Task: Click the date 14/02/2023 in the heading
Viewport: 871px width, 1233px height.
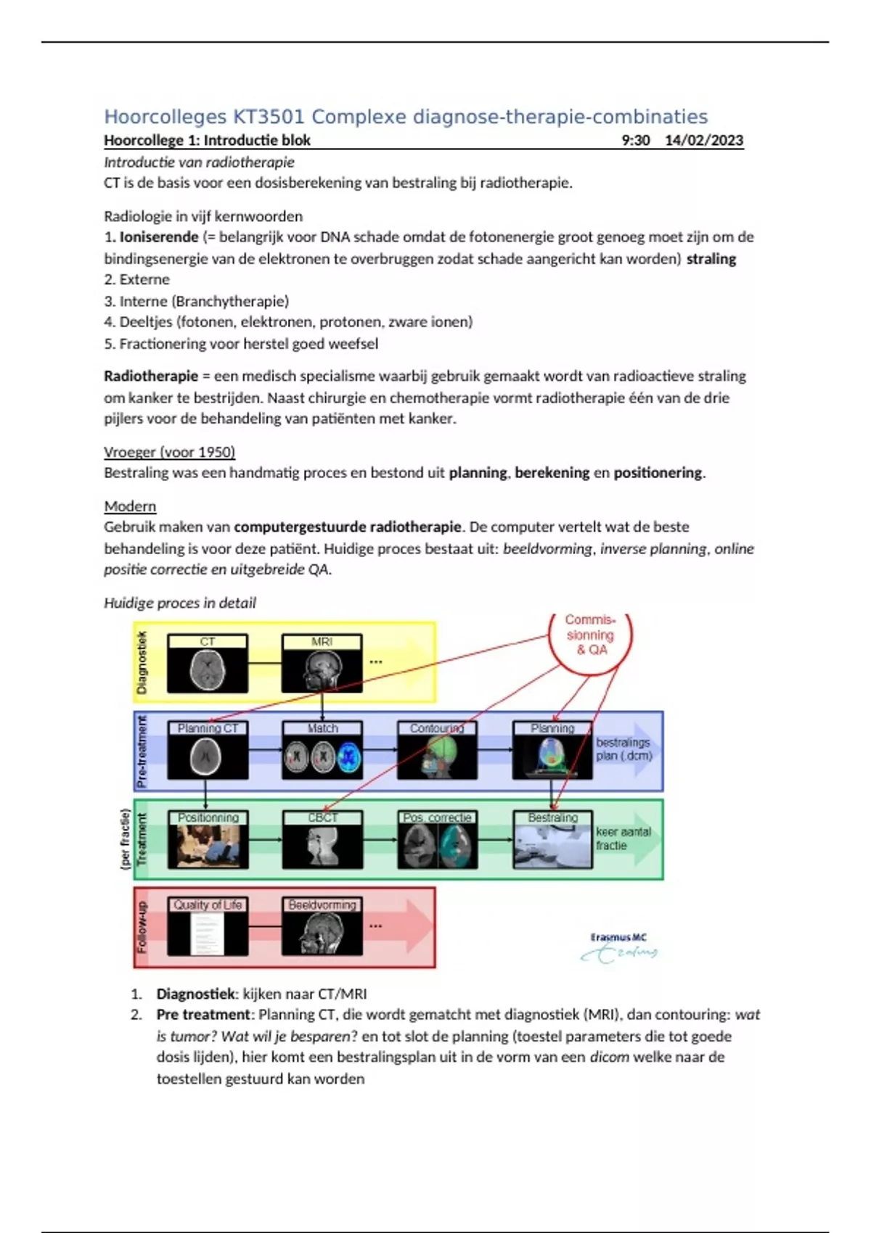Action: pos(703,140)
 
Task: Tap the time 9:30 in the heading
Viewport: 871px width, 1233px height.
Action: pos(636,140)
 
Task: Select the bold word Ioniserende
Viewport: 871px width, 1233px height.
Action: pos(159,236)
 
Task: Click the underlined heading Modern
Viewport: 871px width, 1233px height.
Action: pos(130,506)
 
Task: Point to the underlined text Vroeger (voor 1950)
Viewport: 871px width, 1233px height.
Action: pos(169,452)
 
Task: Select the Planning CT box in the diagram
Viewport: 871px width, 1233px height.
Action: pos(208,751)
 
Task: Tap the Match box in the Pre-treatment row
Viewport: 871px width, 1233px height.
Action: pos(322,751)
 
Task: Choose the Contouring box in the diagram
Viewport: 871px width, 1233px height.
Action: pos(437,751)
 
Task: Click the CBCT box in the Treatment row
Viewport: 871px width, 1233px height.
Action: pos(322,840)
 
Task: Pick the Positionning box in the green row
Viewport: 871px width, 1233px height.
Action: pos(208,840)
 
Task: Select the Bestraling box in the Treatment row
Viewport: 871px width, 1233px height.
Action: pos(552,840)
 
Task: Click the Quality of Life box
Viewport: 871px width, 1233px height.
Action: pos(208,927)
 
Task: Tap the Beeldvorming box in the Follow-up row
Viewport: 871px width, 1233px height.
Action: pos(322,927)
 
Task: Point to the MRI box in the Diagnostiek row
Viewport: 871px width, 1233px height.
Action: pos(322,663)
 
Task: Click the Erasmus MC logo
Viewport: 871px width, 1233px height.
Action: pos(619,947)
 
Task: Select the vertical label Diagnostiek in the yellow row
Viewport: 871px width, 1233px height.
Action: pos(142,662)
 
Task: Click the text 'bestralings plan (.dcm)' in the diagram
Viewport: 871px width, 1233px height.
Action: pos(623,749)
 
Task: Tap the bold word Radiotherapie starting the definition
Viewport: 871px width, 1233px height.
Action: pos(151,376)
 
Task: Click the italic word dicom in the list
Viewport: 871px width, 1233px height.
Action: pos(609,1057)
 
